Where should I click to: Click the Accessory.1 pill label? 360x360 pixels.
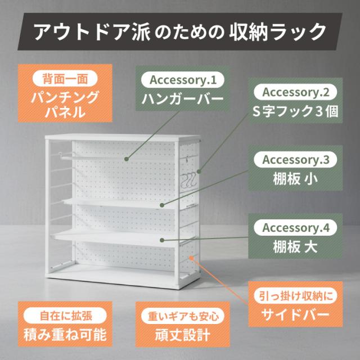(182, 80)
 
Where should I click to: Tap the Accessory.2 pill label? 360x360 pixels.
(295, 92)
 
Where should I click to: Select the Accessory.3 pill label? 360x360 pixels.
(295, 160)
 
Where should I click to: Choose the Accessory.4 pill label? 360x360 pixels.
(295, 227)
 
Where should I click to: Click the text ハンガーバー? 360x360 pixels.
(182, 99)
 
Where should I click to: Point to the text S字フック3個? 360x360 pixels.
(295, 111)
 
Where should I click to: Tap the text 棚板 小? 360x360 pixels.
(295, 179)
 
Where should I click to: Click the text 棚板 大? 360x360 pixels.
(295, 247)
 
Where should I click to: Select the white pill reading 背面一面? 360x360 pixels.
(65, 78)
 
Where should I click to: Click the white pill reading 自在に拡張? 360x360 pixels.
(65, 316)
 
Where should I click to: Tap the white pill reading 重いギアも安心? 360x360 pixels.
(182, 316)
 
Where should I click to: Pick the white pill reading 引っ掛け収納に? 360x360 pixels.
(295, 296)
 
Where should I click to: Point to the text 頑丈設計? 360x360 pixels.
(182, 335)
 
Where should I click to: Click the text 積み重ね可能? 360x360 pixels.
(65, 335)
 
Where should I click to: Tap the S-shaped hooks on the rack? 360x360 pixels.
(189, 180)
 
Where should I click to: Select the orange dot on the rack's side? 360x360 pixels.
(191, 258)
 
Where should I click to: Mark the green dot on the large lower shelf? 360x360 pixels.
(162, 240)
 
